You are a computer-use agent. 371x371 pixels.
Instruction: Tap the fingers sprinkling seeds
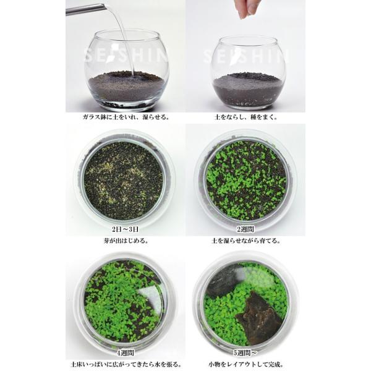249,8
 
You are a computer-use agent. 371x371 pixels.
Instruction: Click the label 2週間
247,230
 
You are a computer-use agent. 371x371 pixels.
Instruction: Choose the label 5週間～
247,346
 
